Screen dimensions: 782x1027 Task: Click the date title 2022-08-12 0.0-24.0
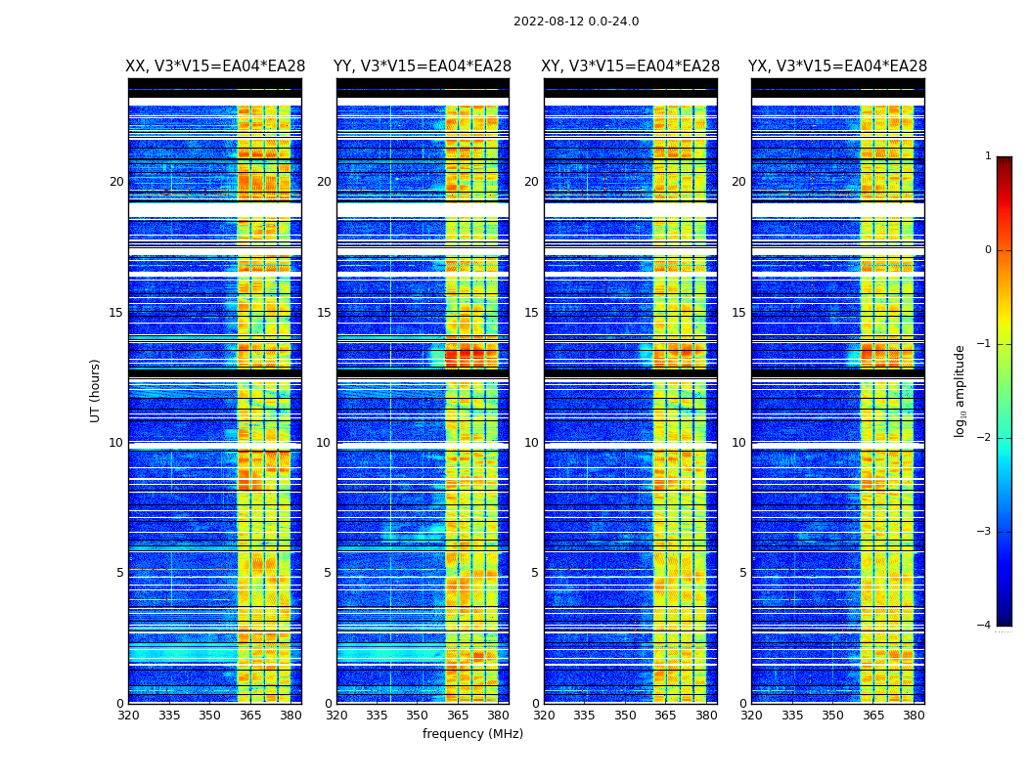(576, 22)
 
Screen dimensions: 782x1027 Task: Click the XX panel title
(215, 66)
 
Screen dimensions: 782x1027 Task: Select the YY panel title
(423, 66)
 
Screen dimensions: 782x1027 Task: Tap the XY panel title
(631, 66)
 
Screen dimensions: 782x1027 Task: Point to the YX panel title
(837, 66)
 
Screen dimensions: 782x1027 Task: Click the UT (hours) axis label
(96, 390)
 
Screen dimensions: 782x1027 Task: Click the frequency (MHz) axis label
(472, 734)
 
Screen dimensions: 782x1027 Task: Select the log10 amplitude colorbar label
(960, 390)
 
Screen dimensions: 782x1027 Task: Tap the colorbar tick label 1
(988, 156)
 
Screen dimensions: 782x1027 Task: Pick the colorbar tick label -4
(985, 626)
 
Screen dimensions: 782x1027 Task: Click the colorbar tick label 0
(988, 250)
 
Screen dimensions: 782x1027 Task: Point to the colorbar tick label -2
(985, 438)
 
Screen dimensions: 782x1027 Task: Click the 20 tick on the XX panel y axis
(116, 182)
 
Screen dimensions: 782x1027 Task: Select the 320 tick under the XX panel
(128, 716)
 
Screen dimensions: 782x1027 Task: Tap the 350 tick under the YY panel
(418, 716)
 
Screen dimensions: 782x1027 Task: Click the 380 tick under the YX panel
(914, 716)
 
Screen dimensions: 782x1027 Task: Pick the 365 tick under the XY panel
(665, 716)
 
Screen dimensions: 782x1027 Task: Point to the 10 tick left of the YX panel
(738, 443)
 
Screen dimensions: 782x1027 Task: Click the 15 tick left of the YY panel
(324, 313)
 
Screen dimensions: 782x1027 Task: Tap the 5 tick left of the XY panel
(535, 573)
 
